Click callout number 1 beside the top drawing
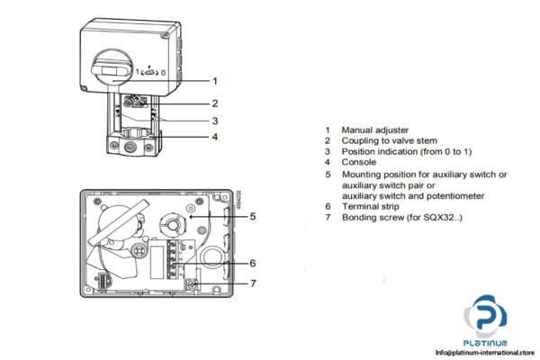[x=215, y=80]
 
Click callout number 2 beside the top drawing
[x=215, y=103]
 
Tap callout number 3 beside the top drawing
[x=215, y=121]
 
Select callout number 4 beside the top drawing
[x=215, y=137]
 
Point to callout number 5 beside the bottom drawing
[x=254, y=216]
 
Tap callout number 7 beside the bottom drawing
[x=254, y=284]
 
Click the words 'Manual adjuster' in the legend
[x=371, y=130]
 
